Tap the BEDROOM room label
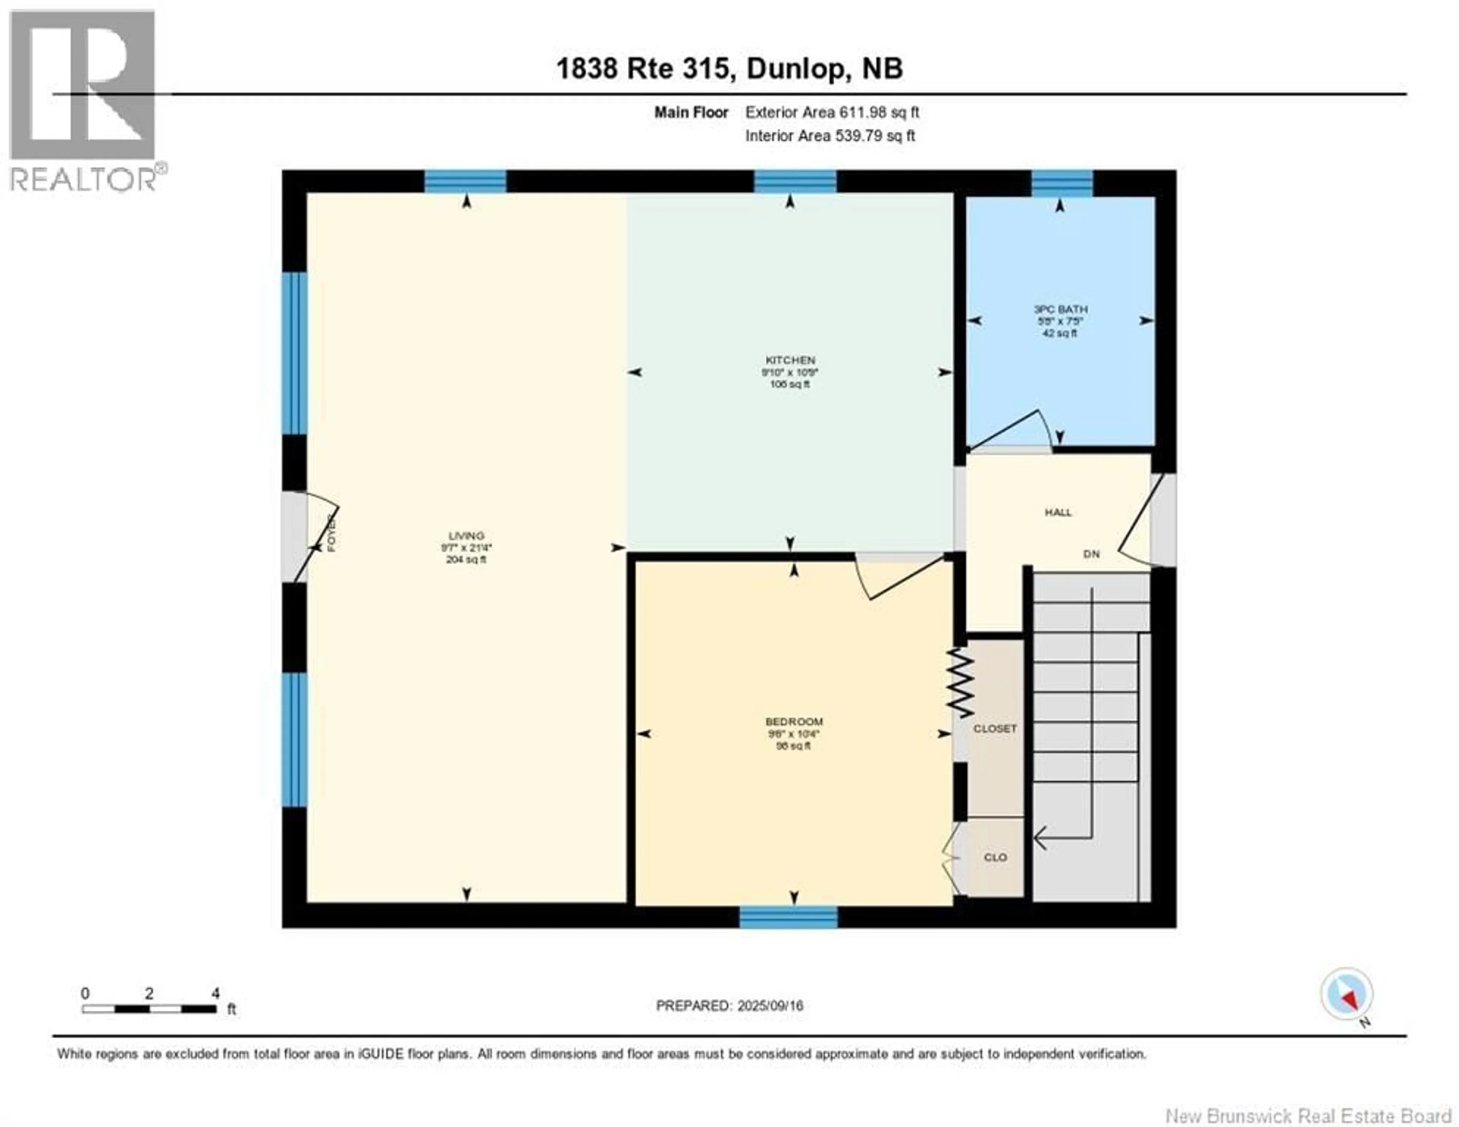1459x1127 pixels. click(x=794, y=721)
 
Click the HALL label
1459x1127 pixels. click(x=1058, y=512)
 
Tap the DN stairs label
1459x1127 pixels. click(x=1091, y=554)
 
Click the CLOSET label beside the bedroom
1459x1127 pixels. click(x=995, y=728)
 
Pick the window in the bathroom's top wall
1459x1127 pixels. click(x=1062, y=183)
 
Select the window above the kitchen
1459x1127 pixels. click(x=795, y=182)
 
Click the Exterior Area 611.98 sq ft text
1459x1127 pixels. click(x=832, y=112)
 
